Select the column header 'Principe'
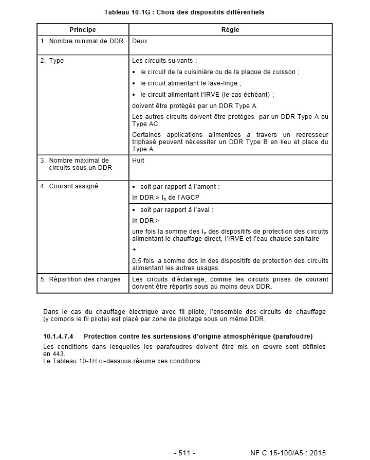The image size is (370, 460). pyautogui.click(x=83, y=30)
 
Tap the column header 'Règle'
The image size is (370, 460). pyautogui.click(x=230, y=30)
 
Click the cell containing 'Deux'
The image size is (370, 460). pyautogui.click(x=140, y=41)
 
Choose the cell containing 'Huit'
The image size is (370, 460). pyautogui.click(x=138, y=161)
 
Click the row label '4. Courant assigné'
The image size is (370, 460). pyautogui.click(x=69, y=186)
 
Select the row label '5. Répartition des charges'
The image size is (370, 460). pyautogui.click(x=81, y=279)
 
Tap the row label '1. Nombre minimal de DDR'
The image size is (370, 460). pyautogui.click(x=82, y=41)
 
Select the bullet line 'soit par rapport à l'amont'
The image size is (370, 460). pyautogui.click(x=179, y=186)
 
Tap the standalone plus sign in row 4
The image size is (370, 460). pyautogui.click(x=134, y=250)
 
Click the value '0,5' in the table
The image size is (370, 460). pyautogui.click(x=138, y=261)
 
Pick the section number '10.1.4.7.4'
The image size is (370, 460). pyautogui.click(x=59, y=337)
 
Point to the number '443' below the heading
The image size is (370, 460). pyautogui.click(x=58, y=354)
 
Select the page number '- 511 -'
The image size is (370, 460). pyautogui.click(x=184, y=453)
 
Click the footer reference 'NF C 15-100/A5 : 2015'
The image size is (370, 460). pyautogui.click(x=288, y=453)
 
